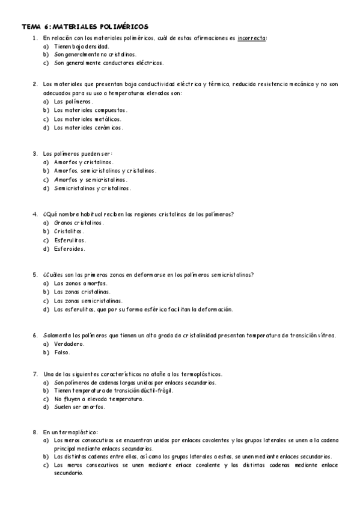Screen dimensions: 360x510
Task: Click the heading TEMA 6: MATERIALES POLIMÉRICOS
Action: [85, 27]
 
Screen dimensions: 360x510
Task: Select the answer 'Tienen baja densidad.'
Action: [81, 46]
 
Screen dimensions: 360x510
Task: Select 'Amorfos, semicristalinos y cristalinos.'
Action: [105, 171]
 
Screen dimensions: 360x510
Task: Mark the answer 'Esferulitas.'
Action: [70, 239]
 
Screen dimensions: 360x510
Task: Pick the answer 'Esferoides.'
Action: [69, 248]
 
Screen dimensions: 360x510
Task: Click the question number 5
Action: [35, 275]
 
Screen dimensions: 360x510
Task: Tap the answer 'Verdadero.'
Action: [69, 344]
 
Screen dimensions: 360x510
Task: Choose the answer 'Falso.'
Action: [62, 352]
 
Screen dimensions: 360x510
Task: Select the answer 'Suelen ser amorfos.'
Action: [79, 407]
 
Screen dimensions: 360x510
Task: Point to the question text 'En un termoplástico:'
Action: [70, 432]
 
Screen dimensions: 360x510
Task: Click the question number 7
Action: [35, 373]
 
